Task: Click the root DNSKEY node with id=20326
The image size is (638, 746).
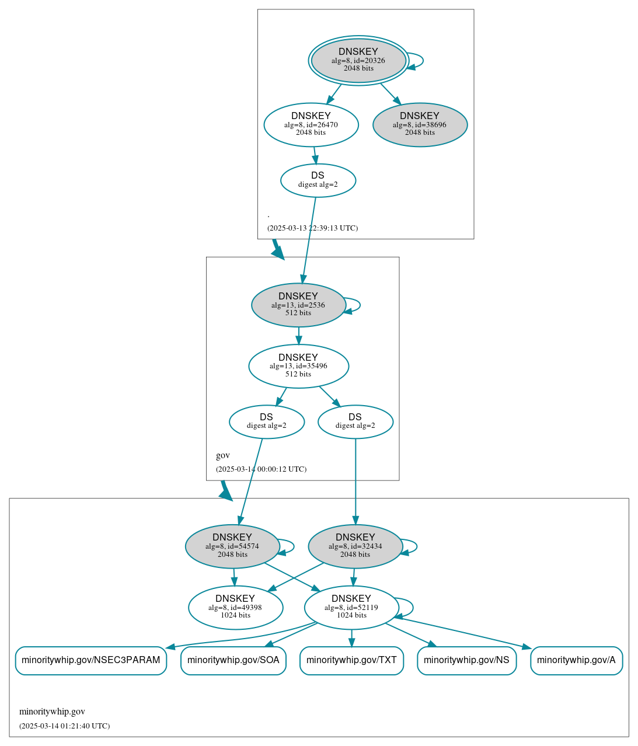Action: (358, 60)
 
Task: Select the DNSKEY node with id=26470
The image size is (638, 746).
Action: (311, 124)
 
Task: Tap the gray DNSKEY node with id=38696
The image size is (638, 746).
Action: (420, 124)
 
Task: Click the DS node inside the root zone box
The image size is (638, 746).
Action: (318, 180)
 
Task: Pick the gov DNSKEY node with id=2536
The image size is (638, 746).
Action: (298, 305)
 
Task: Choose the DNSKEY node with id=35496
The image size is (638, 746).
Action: (298, 366)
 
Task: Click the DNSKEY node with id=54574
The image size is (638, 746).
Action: (232, 546)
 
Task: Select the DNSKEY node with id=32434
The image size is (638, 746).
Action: (355, 546)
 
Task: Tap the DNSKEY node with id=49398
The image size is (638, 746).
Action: (235, 608)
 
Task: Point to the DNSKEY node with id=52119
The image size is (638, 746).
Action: (351, 608)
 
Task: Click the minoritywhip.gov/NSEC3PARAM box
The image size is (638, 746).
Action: (91, 660)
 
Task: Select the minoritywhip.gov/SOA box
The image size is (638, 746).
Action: (233, 660)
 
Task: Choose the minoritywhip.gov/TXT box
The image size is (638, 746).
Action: (351, 660)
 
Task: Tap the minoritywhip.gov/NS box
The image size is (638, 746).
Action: (466, 660)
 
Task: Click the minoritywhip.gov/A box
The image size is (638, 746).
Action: (576, 660)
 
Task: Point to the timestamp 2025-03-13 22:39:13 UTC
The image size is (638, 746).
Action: (312, 228)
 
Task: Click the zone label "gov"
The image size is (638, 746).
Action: (223, 455)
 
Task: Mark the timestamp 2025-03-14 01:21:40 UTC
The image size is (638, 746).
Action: (64, 726)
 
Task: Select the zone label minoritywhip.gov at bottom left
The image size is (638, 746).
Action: (52, 712)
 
